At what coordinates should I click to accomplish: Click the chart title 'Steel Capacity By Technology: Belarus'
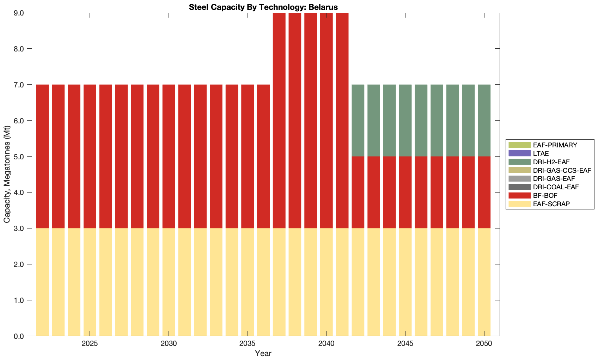tap(263, 7)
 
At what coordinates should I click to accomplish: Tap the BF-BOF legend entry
tap(545, 195)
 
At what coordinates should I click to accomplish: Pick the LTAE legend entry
tap(541, 153)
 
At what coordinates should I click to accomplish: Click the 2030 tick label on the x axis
tap(169, 343)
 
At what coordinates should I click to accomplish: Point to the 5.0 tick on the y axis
tap(19, 157)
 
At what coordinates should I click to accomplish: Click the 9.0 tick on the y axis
tap(19, 13)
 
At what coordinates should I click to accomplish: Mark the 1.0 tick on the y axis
tap(19, 300)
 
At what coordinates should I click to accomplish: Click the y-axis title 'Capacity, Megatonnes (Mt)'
tap(7, 175)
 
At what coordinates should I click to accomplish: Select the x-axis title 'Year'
tap(263, 353)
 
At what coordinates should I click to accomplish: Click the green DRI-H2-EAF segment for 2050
tap(484, 121)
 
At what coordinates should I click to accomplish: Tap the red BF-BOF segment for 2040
tap(327, 121)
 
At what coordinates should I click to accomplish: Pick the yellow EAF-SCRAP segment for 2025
tap(90, 282)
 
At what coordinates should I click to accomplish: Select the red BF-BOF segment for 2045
tap(405, 193)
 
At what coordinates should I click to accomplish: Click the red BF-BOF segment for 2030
tap(169, 157)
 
